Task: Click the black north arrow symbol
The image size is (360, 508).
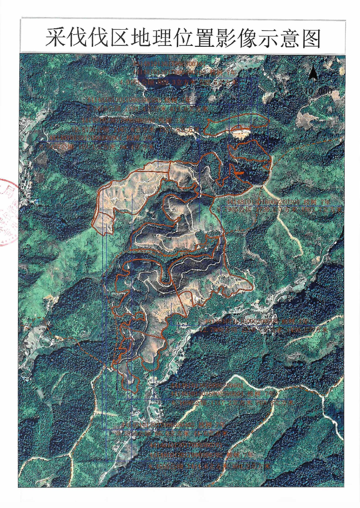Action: [x=314, y=72]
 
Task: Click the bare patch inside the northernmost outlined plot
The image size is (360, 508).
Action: [x=241, y=131]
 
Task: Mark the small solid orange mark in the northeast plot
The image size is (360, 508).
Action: [x=239, y=172]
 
